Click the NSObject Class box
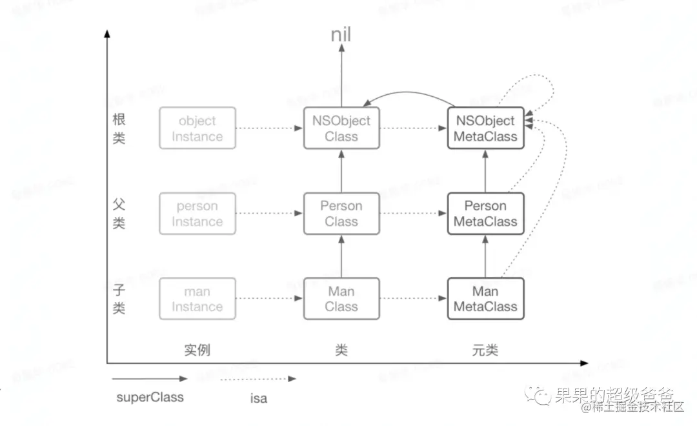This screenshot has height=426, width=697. [341, 128]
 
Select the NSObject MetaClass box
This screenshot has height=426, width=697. [485, 128]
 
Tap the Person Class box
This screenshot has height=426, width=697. [341, 214]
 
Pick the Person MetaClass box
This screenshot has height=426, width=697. [485, 214]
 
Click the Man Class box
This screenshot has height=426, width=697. [341, 299]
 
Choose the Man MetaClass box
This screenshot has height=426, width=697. [485, 299]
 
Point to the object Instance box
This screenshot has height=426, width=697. [197, 128]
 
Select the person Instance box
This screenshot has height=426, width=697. [197, 214]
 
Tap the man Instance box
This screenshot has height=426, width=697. [197, 299]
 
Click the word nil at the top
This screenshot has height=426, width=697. [341, 35]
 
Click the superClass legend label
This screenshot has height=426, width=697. [150, 397]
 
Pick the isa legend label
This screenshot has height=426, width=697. [258, 398]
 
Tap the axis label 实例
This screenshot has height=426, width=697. [197, 350]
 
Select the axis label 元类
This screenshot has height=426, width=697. [485, 350]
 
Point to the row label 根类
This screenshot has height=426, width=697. [119, 129]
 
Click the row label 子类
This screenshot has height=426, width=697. [119, 299]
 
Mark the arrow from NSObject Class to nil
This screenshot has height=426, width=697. [341, 77]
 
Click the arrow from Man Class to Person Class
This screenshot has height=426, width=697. [341, 256]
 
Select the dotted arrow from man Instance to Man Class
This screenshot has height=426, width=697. [270, 298]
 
